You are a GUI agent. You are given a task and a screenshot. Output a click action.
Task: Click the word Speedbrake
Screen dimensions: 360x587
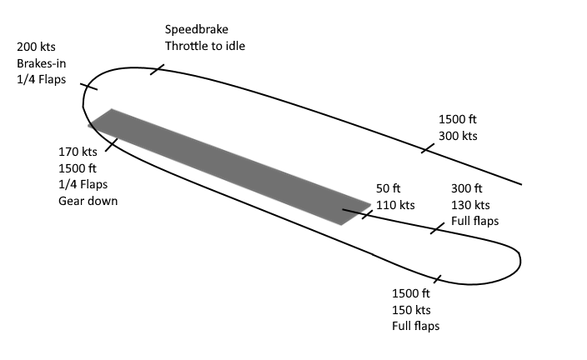[197, 29]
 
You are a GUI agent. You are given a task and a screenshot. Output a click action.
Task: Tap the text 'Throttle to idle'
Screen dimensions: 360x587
[205, 46]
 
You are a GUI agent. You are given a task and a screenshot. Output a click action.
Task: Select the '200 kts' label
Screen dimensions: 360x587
[36, 47]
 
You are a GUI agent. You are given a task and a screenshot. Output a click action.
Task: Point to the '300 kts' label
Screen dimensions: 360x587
[458, 136]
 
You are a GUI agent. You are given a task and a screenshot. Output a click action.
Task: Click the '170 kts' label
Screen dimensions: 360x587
[78, 152]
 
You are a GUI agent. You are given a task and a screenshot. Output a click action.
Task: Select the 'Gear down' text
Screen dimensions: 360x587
[88, 200]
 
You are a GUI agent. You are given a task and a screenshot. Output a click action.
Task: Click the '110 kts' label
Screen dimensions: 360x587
[395, 205]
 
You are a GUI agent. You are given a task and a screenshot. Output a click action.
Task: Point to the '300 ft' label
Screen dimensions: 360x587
[467, 188]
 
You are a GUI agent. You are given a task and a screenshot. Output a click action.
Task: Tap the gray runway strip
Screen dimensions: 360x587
[229, 167]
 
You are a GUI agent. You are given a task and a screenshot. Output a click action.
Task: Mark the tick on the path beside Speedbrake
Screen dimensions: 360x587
[156, 68]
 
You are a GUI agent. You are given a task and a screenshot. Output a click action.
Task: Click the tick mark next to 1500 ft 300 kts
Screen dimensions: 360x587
[428, 148]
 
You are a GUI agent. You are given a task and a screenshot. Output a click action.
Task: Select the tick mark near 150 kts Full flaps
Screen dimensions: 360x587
[437, 278]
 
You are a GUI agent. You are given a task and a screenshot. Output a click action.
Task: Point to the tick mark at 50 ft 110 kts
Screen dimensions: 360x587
[367, 214]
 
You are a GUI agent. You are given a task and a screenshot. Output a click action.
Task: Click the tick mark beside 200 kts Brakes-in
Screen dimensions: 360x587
[89, 86]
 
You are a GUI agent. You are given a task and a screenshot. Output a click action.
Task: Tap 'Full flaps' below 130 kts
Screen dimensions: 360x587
[474, 222]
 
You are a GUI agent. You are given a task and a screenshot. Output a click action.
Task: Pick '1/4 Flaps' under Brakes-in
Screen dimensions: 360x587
[40, 80]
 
